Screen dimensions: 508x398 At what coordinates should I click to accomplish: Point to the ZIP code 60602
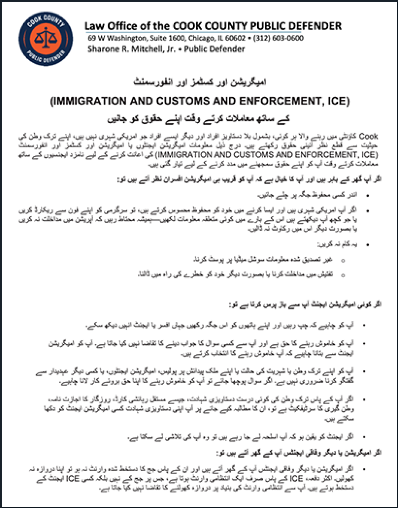click(x=234, y=38)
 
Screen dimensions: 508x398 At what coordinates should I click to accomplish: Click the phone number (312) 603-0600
click(x=278, y=38)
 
